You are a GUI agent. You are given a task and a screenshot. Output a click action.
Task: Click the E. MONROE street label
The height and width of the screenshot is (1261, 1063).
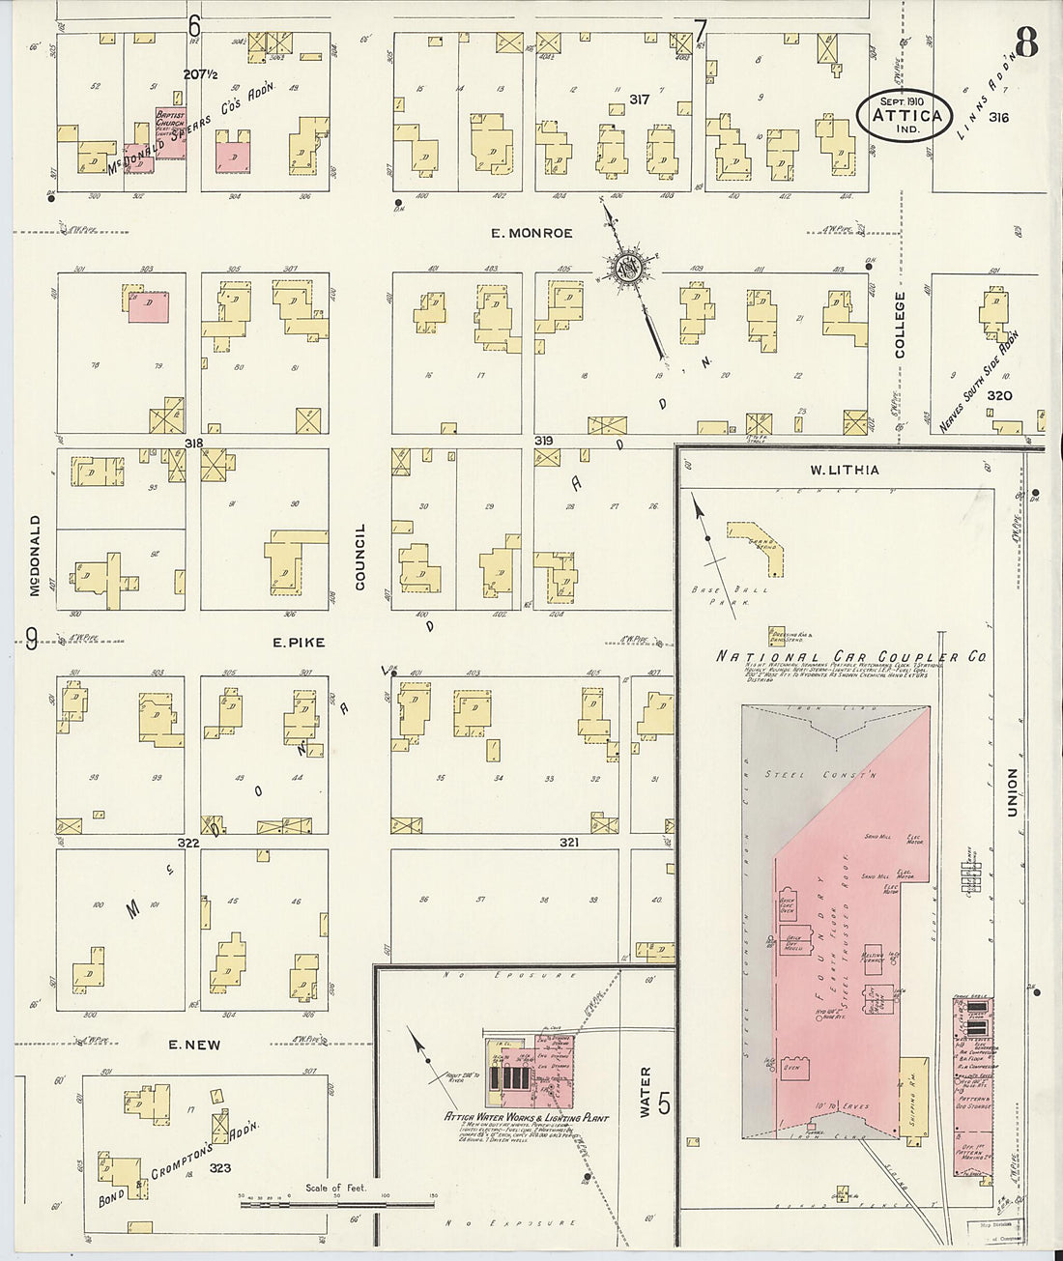point(531,233)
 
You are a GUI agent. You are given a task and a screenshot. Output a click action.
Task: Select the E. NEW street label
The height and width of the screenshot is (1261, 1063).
point(194,1045)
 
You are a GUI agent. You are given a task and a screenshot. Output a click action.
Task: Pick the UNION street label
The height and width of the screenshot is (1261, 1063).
point(1013,792)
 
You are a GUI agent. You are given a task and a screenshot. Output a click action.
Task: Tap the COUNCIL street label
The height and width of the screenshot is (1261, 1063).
point(360,557)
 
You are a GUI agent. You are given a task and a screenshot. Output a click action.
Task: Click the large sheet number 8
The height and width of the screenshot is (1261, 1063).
point(1025,43)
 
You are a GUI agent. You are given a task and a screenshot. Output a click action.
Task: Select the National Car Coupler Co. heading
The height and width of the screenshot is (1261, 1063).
point(850,657)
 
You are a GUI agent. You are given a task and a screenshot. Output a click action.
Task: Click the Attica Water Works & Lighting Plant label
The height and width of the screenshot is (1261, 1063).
point(527,1118)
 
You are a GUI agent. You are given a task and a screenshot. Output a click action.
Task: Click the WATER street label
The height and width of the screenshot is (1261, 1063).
point(646,1092)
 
